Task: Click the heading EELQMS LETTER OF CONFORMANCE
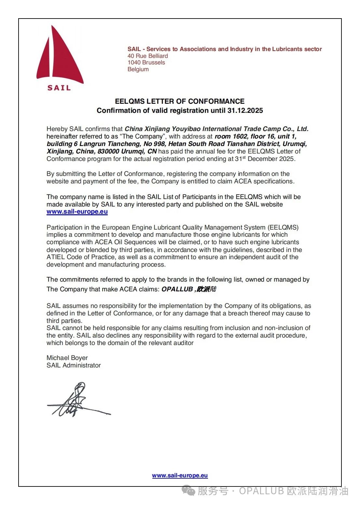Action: (180, 101)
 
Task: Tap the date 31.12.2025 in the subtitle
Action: (245, 111)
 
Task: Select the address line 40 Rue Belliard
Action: (148, 56)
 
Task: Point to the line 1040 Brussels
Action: (146, 62)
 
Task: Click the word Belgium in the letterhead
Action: (138, 69)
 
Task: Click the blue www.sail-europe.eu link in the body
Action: (77, 212)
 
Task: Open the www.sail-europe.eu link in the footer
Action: (180, 475)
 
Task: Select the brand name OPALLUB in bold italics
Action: (177, 289)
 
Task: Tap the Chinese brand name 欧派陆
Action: (206, 289)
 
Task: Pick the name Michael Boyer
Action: (67, 358)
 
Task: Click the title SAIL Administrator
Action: (74, 365)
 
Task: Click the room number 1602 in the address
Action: (240, 136)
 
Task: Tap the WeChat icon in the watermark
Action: (188, 490)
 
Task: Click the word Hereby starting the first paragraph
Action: (57, 129)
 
